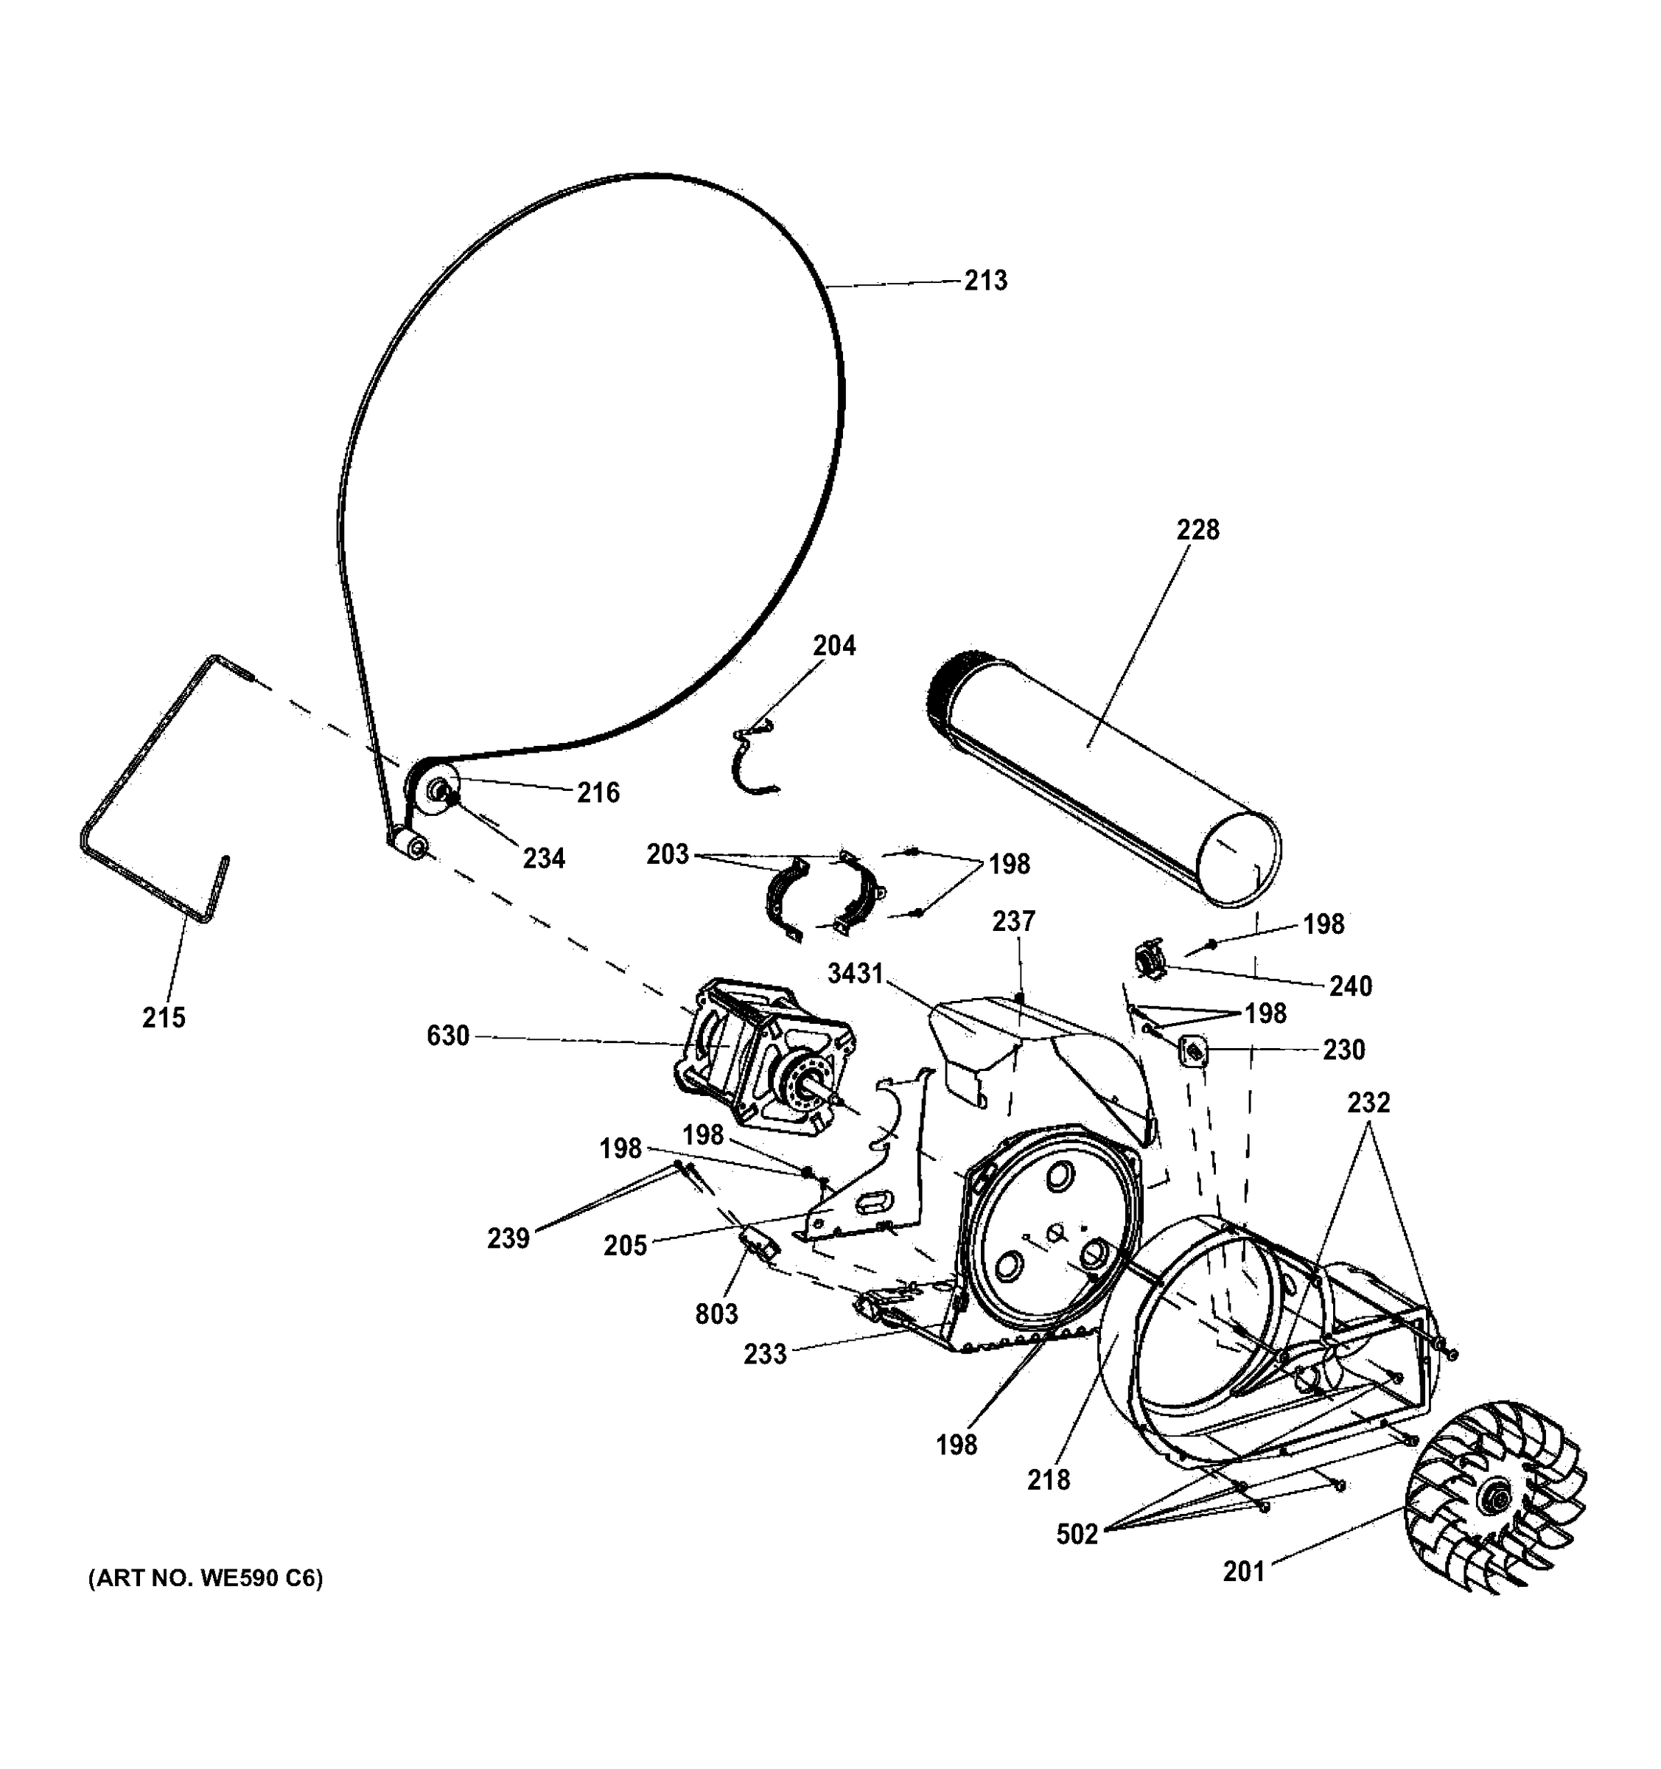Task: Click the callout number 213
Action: click(x=986, y=281)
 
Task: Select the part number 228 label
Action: click(x=1197, y=531)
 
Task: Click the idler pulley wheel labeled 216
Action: click(x=433, y=789)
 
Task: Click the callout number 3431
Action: click(x=855, y=974)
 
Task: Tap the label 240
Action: click(x=1351, y=986)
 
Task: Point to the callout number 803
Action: click(x=716, y=1313)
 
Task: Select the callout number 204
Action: click(x=833, y=646)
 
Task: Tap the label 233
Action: click(x=765, y=1354)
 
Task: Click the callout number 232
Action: click(x=1368, y=1103)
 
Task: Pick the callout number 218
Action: click(x=1048, y=1480)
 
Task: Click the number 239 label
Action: click(x=508, y=1238)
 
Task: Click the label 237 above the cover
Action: click(x=1014, y=921)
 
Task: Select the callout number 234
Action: click(x=544, y=859)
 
